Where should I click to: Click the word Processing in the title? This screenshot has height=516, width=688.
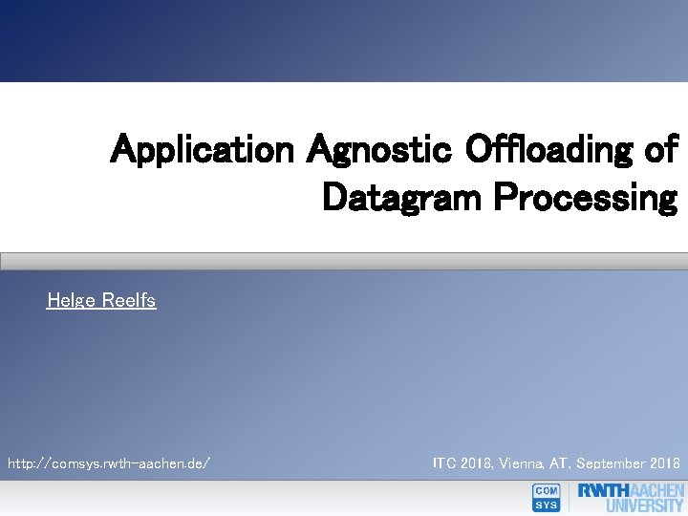coord(585,198)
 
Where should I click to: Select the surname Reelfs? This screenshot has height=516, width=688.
coord(128,301)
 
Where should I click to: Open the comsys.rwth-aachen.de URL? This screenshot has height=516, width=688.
coord(109,463)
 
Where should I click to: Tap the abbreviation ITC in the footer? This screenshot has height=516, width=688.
coord(444,463)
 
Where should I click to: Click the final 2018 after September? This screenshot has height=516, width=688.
coord(665,463)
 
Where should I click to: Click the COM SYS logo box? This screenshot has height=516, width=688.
coord(546,498)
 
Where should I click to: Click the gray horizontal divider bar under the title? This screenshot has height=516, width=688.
coord(344,261)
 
